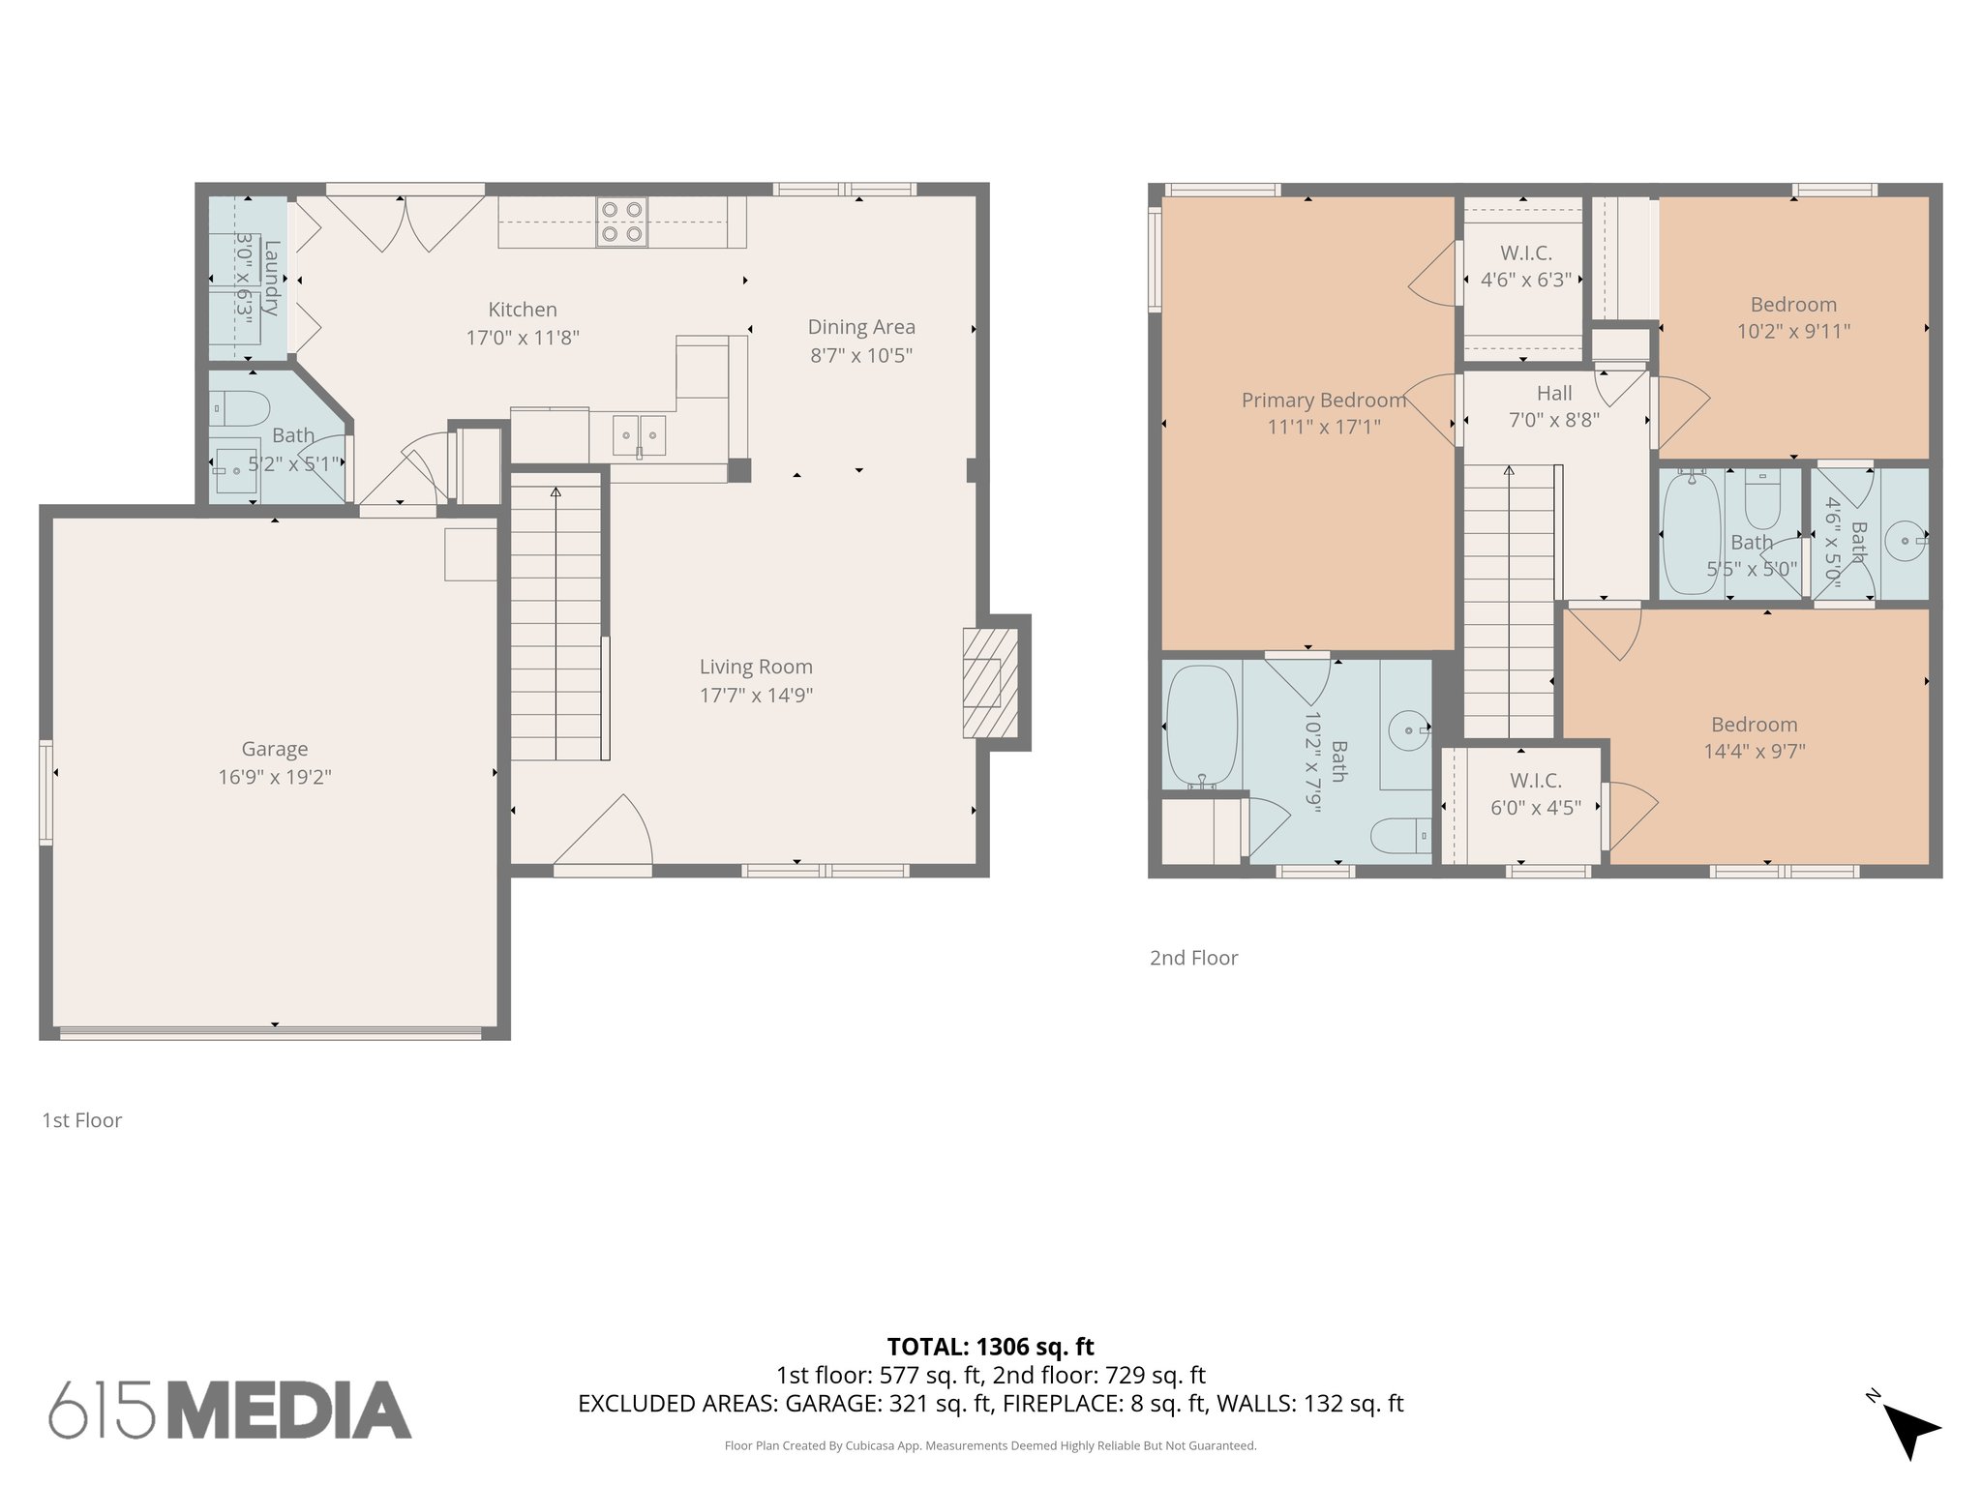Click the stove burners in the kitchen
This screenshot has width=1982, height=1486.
point(622,222)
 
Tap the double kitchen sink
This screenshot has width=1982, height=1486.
point(639,435)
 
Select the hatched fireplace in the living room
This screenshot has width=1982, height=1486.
point(989,683)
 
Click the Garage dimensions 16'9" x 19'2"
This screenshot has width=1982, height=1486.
point(275,777)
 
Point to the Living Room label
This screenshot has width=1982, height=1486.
point(756,667)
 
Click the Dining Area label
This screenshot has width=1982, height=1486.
point(861,327)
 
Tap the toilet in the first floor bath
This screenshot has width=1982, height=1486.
point(241,408)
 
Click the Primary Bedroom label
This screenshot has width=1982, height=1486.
point(1323,401)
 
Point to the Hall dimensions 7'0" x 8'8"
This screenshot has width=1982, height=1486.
point(1554,420)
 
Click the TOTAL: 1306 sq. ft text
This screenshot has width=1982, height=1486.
point(990,1347)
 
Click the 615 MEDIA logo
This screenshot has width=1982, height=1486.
point(230,1411)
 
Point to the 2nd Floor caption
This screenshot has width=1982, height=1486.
point(1193,958)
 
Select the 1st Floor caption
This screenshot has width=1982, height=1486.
point(82,1120)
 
